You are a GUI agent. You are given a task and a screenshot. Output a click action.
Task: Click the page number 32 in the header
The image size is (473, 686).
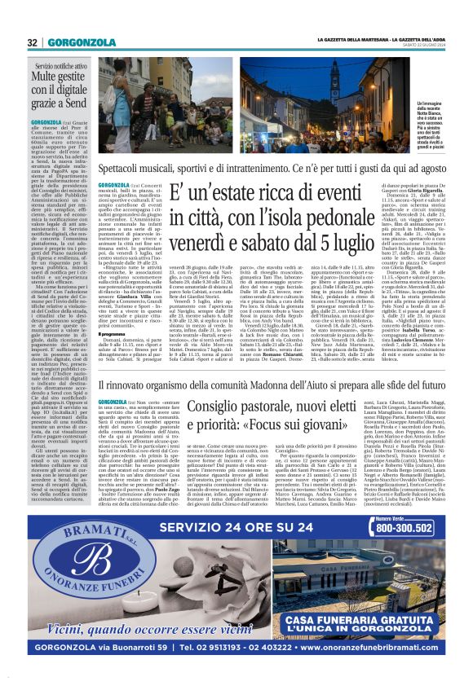tap(33, 42)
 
